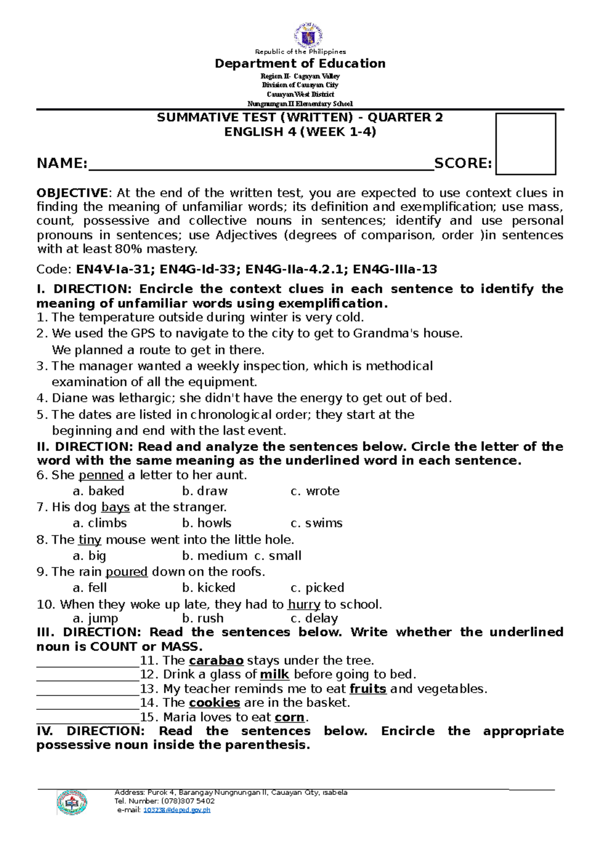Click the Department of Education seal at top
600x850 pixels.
coord(308,35)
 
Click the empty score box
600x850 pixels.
coord(525,144)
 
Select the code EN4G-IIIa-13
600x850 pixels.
coord(394,269)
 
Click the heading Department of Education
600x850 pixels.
coord(300,64)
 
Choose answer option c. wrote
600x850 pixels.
coord(315,491)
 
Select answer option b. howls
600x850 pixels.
coord(206,523)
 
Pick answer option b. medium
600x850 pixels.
coord(214,556)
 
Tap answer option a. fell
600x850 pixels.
coord(90,588)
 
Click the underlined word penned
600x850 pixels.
coord(101,475)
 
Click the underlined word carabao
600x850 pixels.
coord(216,661)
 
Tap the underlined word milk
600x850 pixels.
coord(274,674)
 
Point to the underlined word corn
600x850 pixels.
coord(289,717)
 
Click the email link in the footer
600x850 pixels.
coord(176,810)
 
